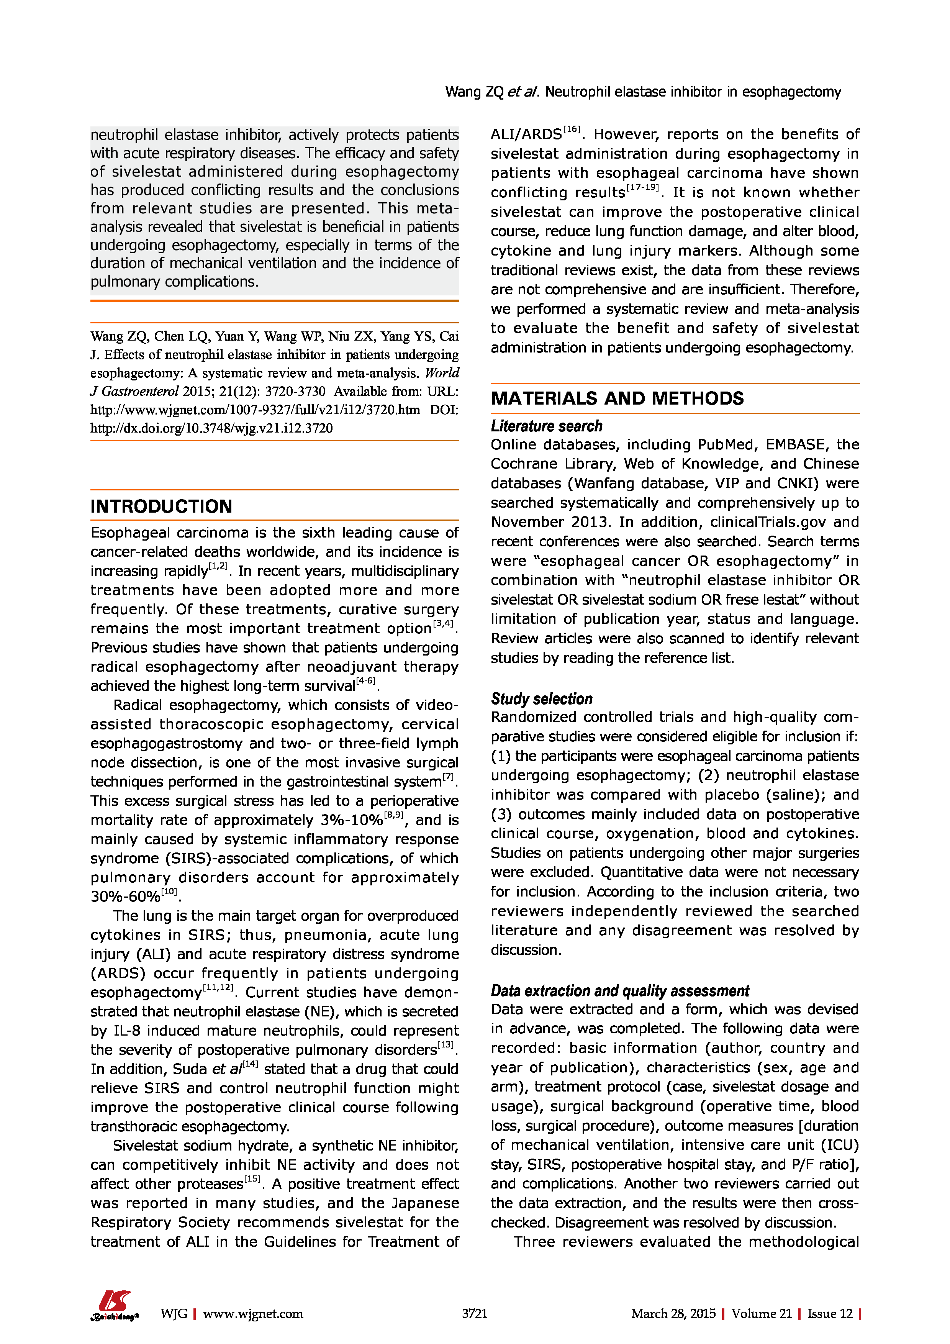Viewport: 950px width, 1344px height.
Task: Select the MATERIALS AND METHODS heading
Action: click(x=617, y=398)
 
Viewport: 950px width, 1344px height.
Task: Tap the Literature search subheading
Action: click(x=546, y=426)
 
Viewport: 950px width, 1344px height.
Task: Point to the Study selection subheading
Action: click(x=541, y=699)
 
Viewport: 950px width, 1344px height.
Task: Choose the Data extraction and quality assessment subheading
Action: click(x=619, y=991)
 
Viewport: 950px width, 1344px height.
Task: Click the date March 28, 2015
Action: click(x=673, y=1314)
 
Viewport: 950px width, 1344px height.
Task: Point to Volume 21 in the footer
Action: click(x=761, y=1314)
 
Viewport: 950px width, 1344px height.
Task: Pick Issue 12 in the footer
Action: click(x=830, y=1314)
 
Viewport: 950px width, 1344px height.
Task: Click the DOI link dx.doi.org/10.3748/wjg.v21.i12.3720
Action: click(x=211, y=428)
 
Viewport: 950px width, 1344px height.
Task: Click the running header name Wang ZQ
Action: click(x=474, y=92)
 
